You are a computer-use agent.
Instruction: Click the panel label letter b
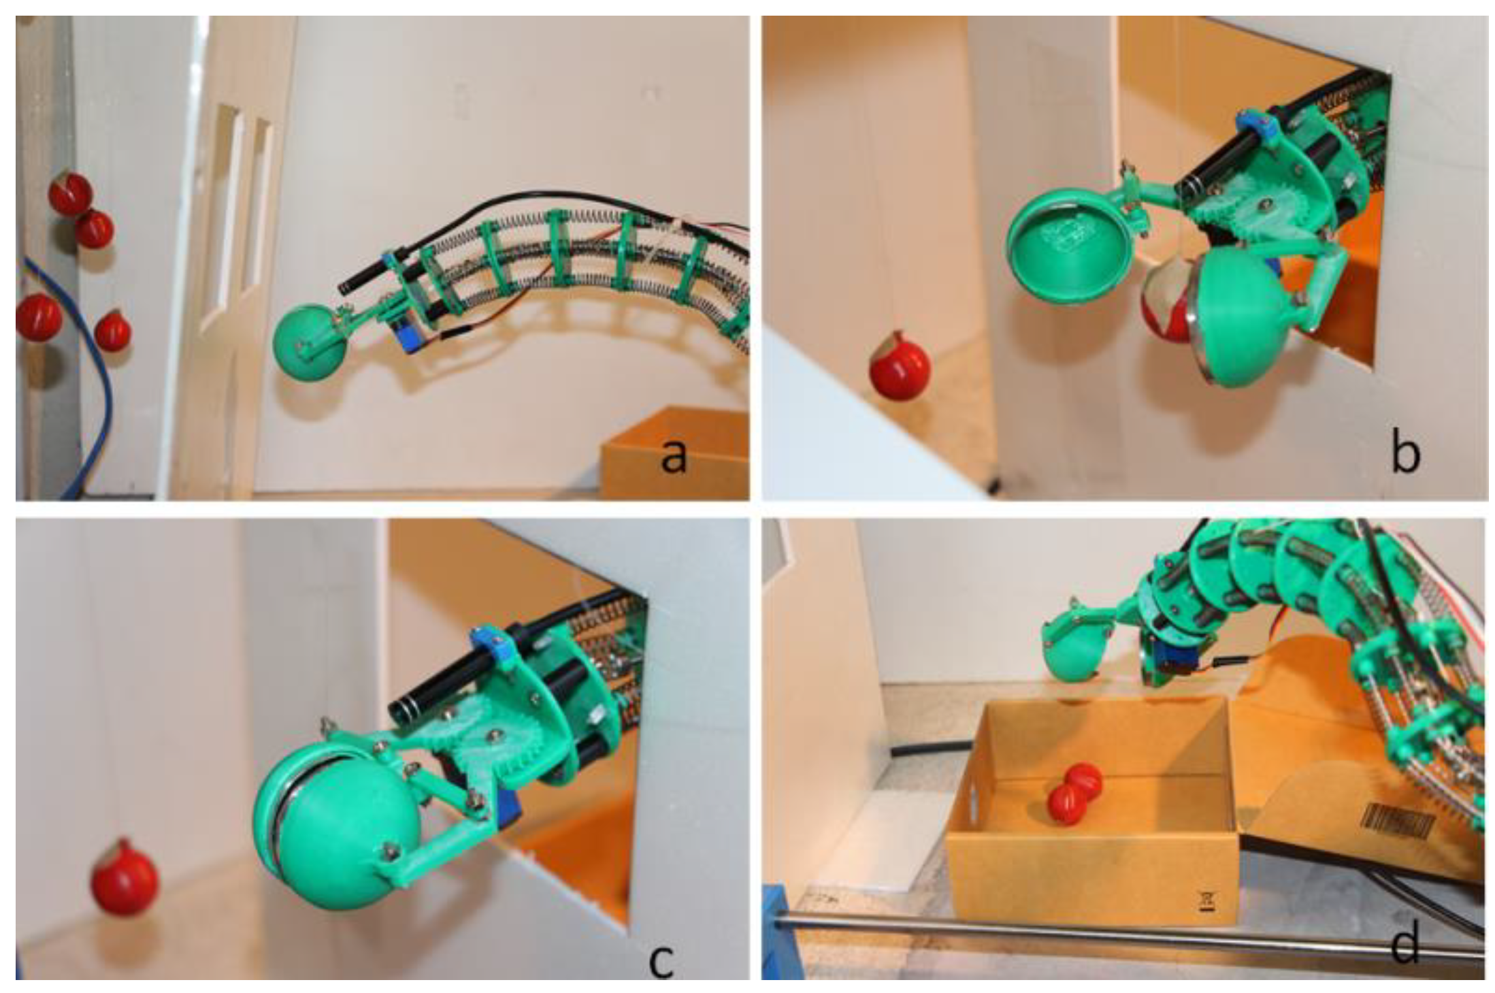[x=1404, y=454]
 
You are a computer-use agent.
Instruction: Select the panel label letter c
[x=661, y=960]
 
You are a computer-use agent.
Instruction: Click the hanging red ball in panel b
[x=899, y=365]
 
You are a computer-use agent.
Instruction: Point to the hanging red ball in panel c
[x=125, y=877]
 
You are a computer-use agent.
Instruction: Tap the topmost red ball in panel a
[x=69, y=193]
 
